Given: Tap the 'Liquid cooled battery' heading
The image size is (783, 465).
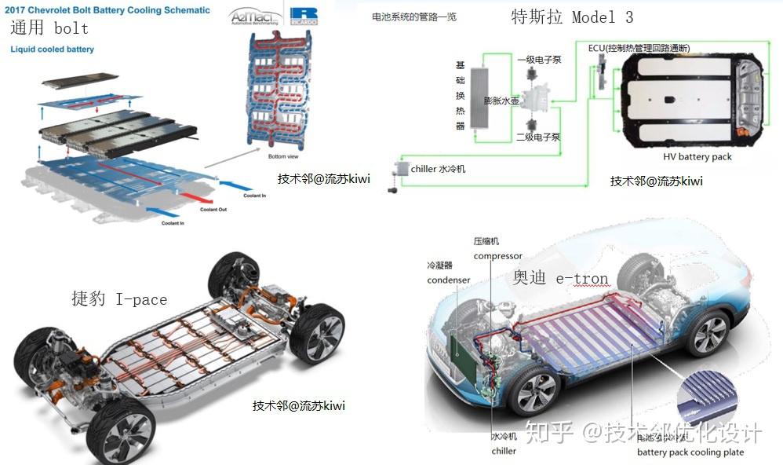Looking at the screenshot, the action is click(x=52, y=49).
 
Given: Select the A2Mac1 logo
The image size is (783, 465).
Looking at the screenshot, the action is click(x=252, y=18).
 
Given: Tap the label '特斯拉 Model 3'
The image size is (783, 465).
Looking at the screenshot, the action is click(x=571, y=17).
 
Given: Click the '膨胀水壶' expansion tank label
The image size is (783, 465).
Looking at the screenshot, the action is click(x=501, y=101).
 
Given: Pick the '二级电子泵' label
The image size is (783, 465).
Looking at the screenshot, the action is click(x=538, y=137).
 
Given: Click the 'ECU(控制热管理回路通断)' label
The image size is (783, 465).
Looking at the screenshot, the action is click(x=639, y=48).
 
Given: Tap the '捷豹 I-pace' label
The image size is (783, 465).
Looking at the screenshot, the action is click(x=119, y=299).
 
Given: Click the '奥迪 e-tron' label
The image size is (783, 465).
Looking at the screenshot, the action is click(x=560, y=279).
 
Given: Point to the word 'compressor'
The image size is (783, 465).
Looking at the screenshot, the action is click(x=497, y=256).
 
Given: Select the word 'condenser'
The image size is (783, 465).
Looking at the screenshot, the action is click(x=449, y=280).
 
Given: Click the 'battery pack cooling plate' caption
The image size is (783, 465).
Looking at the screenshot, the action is click(x=690, y=452).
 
